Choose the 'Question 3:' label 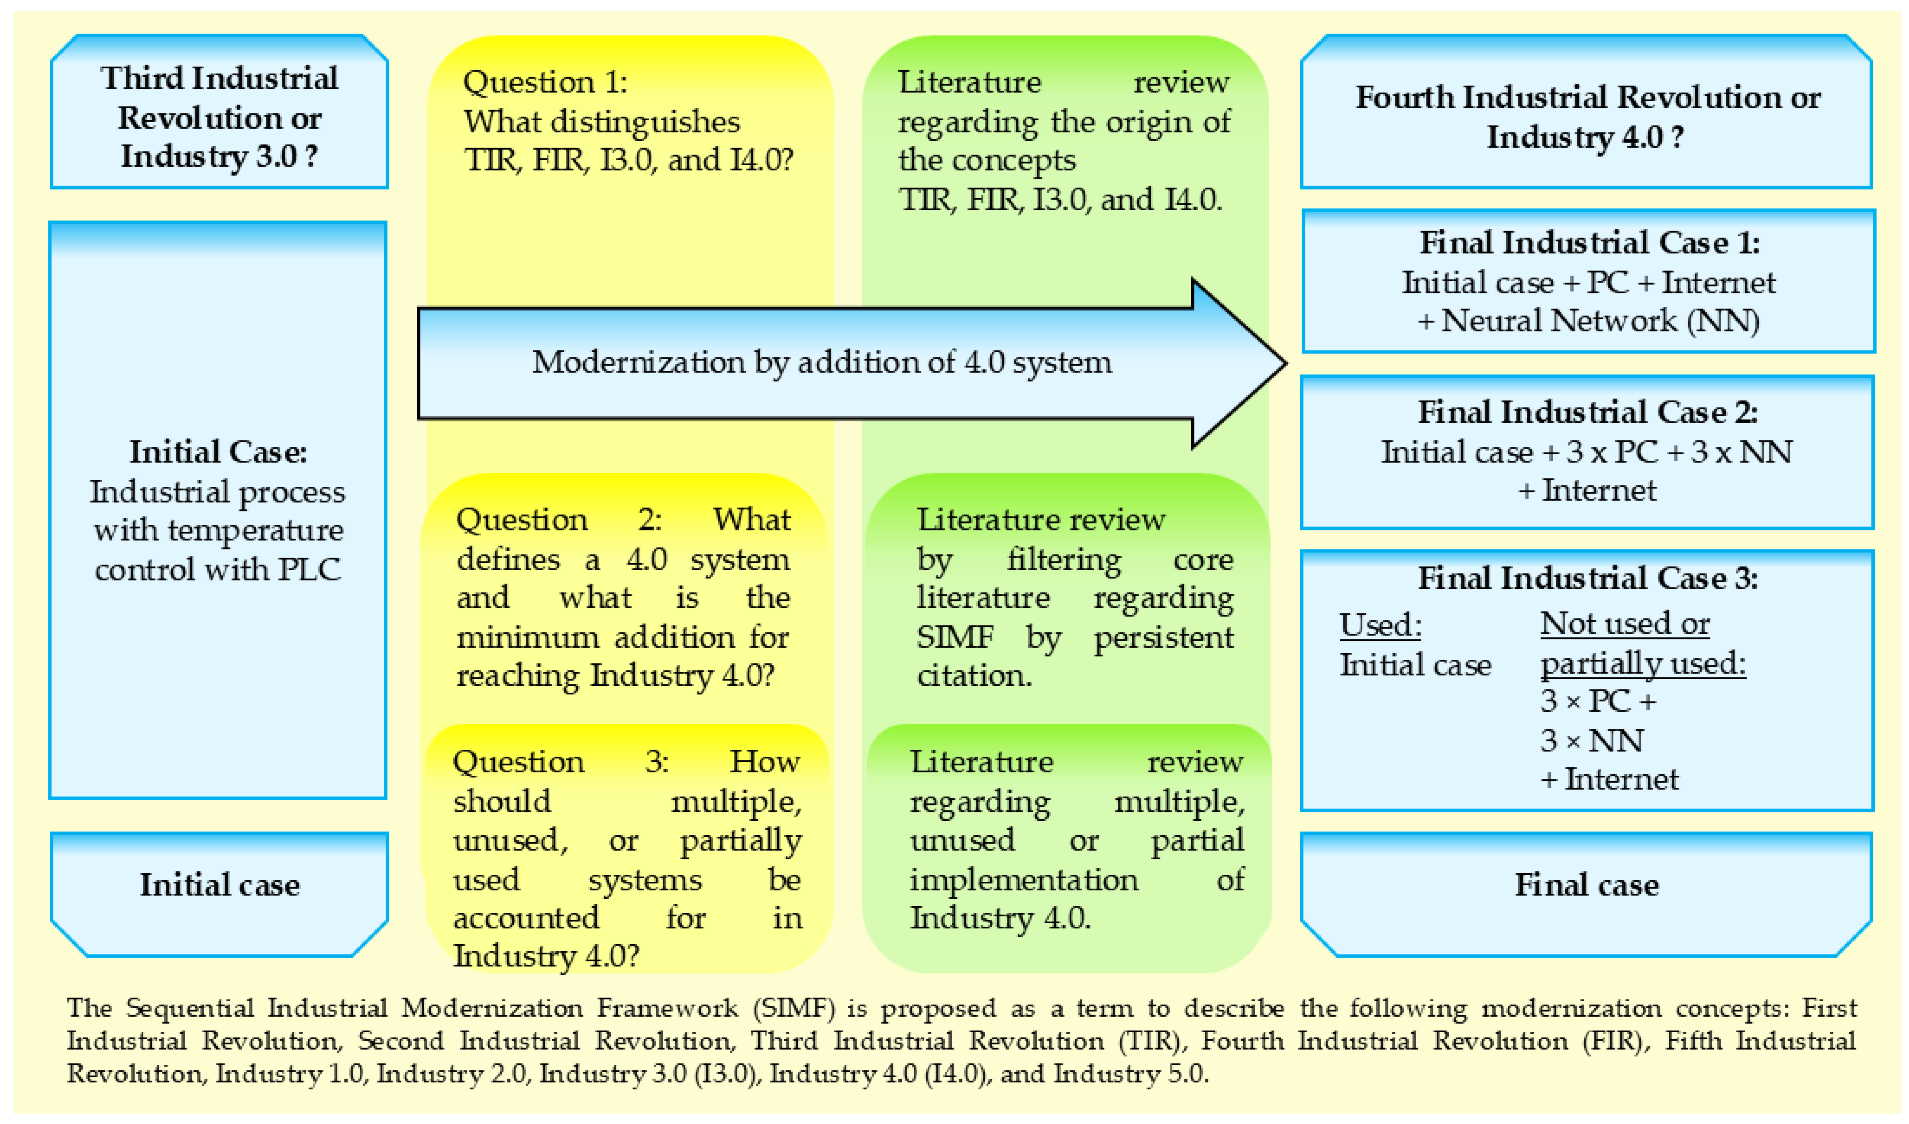click(559, 761)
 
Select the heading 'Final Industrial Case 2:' click(1588, 412)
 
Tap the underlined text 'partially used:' click(1642, 664)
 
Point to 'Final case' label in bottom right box click(1586, 885)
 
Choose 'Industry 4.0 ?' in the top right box click(1585, 137)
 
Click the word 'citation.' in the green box click(974, 675)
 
